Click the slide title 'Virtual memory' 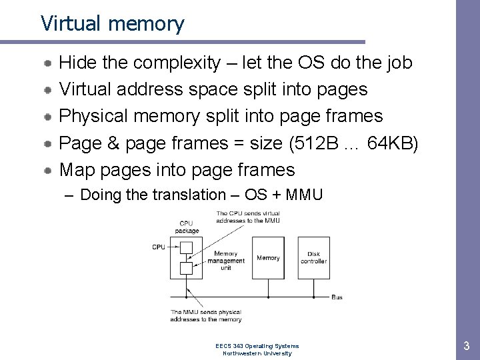click(112, 23)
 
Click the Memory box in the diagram click(268, 257)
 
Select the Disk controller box click(313, 257)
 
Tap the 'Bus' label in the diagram click(337, 297)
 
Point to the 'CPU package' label click(187, 227)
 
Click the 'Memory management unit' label click(226, 261)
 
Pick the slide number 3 click(466, 346)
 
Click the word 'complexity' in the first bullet click(177, 63)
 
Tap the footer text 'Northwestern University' click(257, 353)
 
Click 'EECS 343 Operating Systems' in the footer click(257, 346)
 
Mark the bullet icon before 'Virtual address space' click(49, 90)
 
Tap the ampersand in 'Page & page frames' click(111, 143)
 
